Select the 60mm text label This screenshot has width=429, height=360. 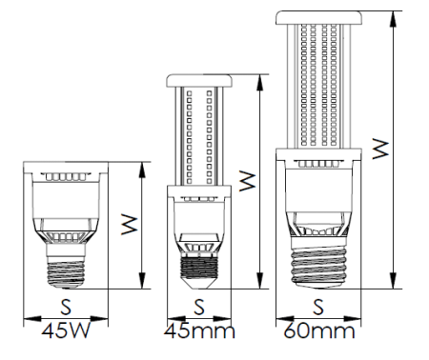pyautogui.click(x=319, y=333)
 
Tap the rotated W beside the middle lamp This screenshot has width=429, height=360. pyautogui.click(x=246, y=180)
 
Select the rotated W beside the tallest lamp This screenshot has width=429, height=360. pyautogui.click(x=379, y=150)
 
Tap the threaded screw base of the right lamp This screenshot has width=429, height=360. pyautogui.click(x=318, y=263)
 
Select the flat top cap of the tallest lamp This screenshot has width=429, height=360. pyautogui.click(x=318, y=17)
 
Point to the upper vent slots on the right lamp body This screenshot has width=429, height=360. pyautogui.click(x=318, y=165)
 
